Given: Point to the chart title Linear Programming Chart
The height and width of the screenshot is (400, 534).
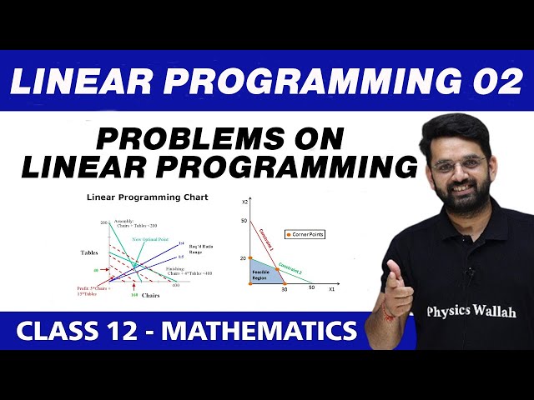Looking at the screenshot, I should click(x=148, y=197).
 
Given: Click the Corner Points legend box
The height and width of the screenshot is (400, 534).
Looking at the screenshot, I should click(x=305, y=234).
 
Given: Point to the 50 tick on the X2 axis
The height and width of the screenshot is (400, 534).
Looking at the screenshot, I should click(x=244, y=220).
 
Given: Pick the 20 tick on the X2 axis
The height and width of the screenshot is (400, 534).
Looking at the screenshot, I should click(x=244, y=258).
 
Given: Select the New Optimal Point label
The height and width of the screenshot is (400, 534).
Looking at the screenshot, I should click(x=149, y=239).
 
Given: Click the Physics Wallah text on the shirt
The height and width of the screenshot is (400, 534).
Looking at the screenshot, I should click(x=471, y=311).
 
